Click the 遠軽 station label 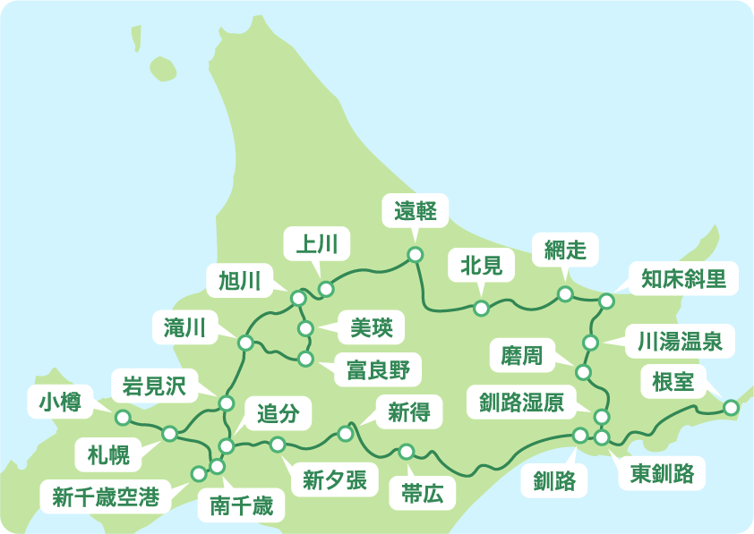tap(415, 212)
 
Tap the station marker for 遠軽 tap(415, 255)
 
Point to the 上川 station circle tap(326, 289)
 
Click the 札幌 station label tap(108, 455)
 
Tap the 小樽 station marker tap(123, 418)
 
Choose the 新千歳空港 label tap(106, 497)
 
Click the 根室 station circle tap(731, 407)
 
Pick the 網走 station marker tap(565, 293)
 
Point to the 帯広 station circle tap(407, 451)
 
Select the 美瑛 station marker tap(305, 329)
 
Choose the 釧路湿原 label tap(516, 403)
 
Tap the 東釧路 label tap(662, 473)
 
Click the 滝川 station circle tap(244, 342)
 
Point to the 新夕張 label tap(335, 480)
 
